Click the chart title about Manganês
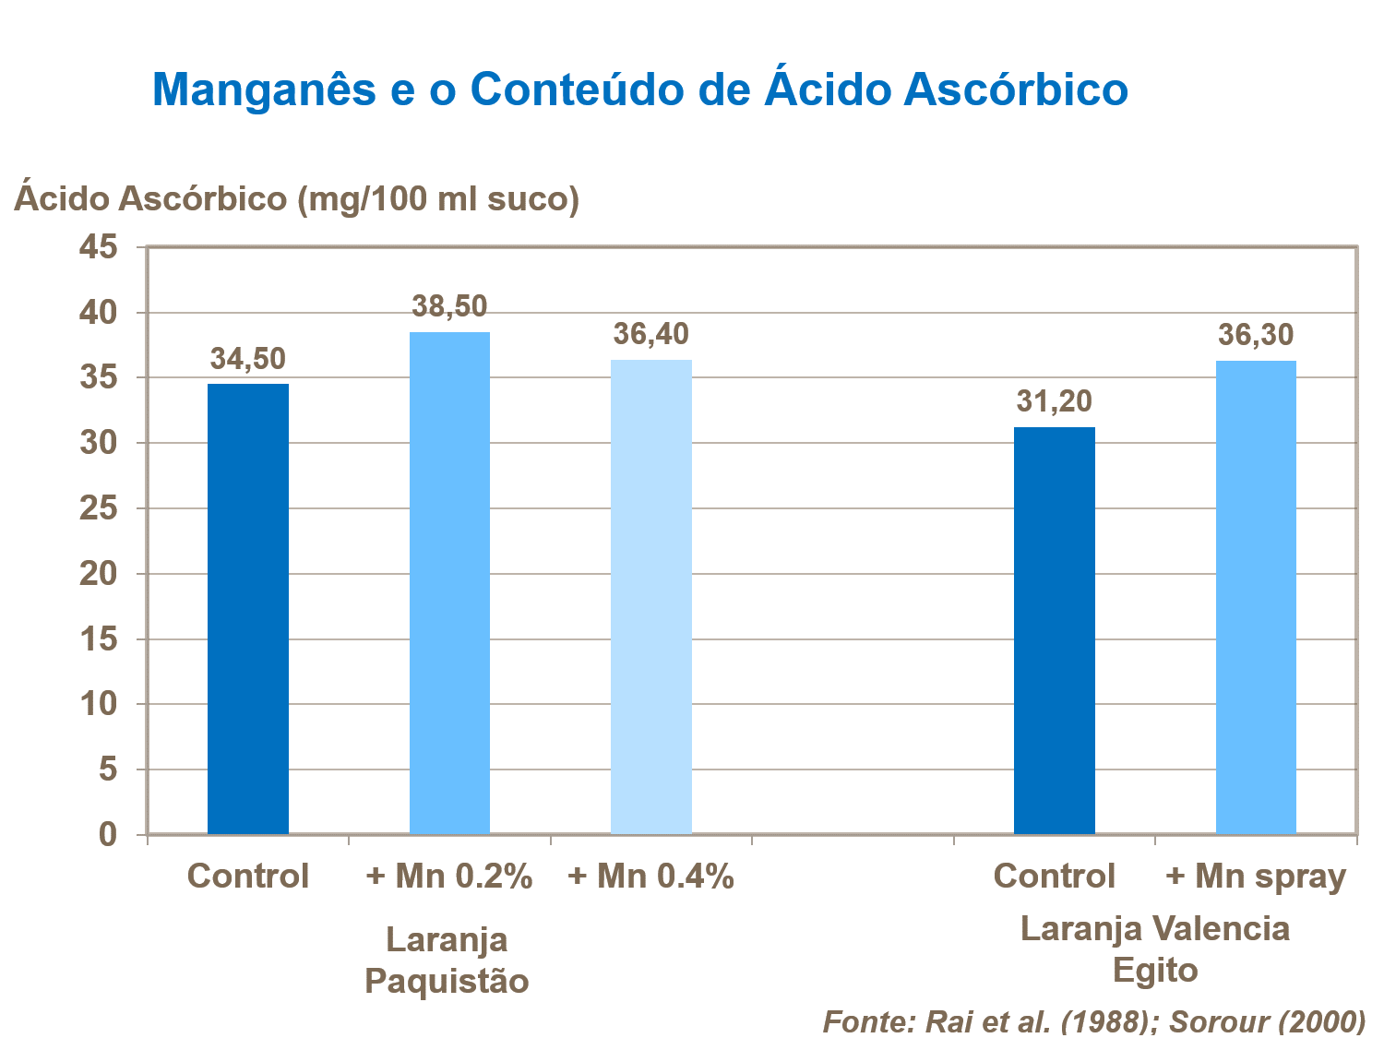[x=639, y=89]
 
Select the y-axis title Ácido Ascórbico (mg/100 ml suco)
[x=296, y=197]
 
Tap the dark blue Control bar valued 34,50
[x=247, y=609]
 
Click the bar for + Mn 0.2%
[x=449, y=583]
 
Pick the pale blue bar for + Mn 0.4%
[x=651, y=597]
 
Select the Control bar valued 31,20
[x=1054, y=630]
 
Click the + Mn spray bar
[x=1256, y=597]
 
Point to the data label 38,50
[x=449, y=306]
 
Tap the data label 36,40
[x=651, y=334]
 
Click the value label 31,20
[x=1054, y=401]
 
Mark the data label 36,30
[x=1256, y=335]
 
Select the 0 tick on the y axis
[x=108, y=834]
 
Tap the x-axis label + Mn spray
[x=1256, y=877]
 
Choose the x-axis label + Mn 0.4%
[x=650, y=877]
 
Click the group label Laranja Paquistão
[x=447, y=960]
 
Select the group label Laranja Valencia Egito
[x=1154, y=949]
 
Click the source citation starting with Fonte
[x=1093, y=1021]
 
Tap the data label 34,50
[x=247, y=359]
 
